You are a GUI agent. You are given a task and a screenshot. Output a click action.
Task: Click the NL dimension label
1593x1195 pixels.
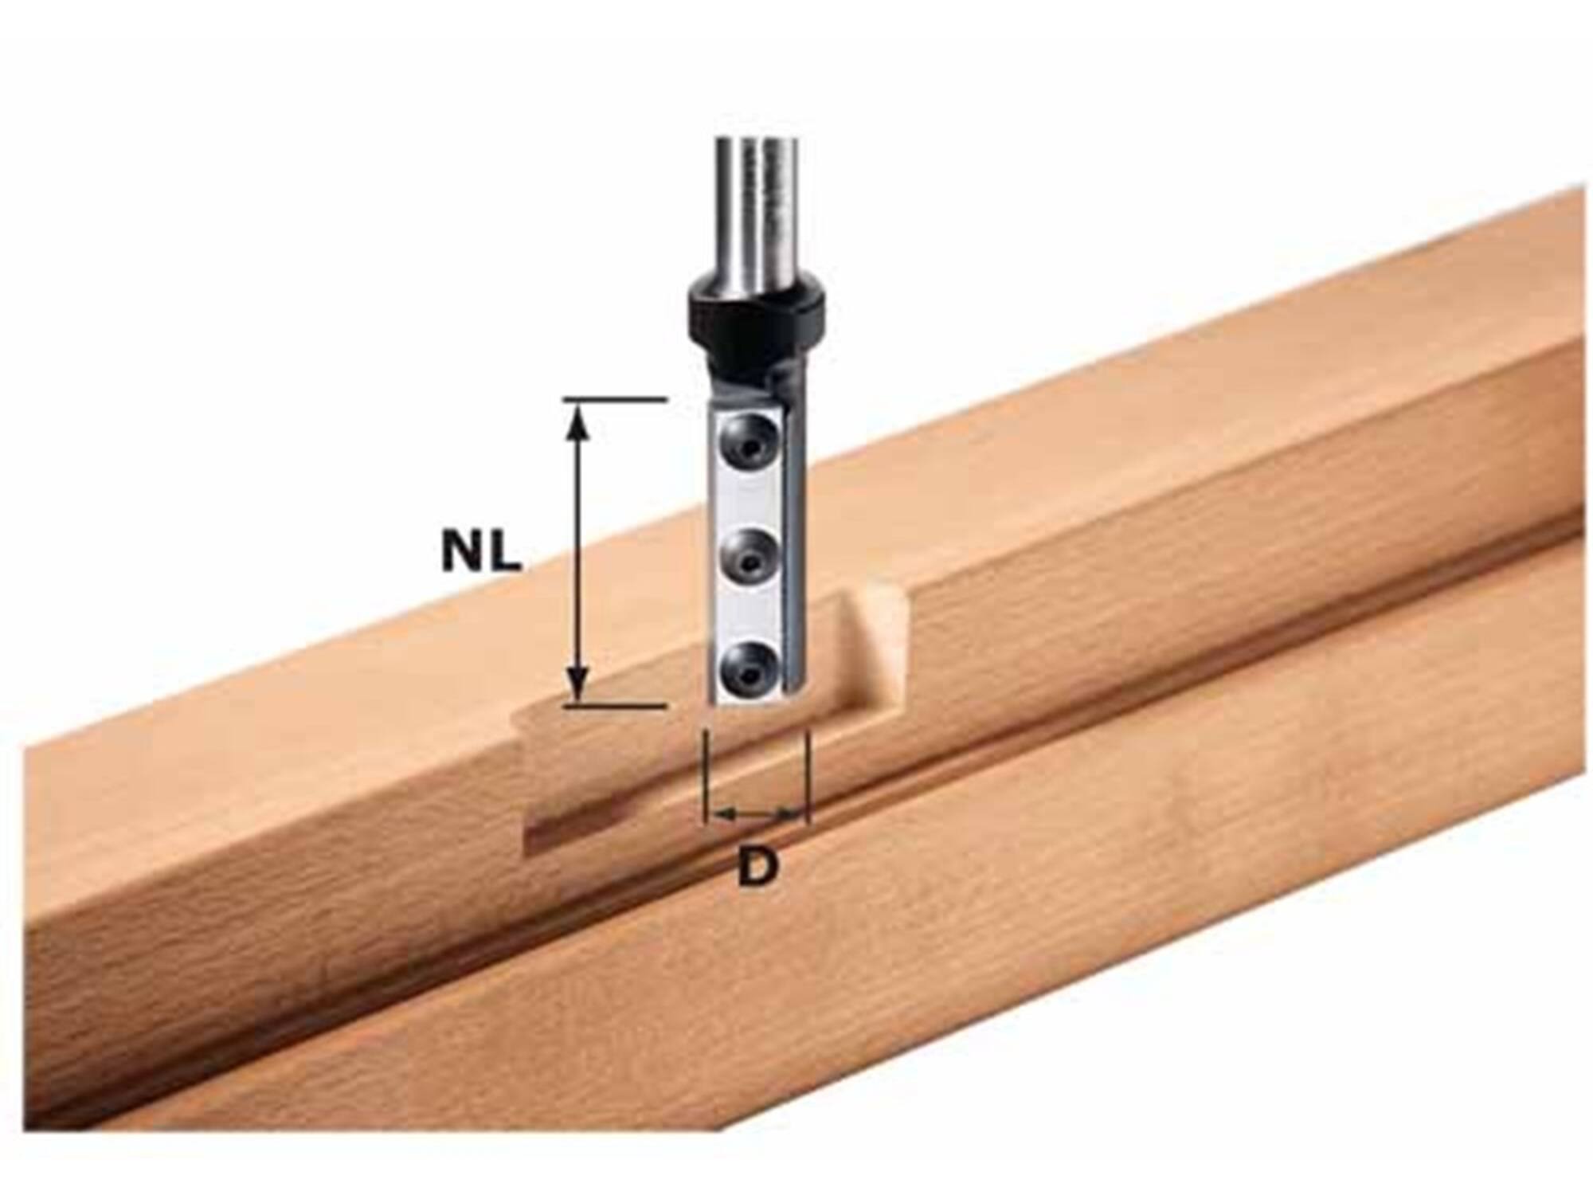[482, 550]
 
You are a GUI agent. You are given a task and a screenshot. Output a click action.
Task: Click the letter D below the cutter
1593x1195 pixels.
[756, 867]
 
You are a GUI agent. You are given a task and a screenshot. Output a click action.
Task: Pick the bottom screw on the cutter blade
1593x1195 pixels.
[747, 664]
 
